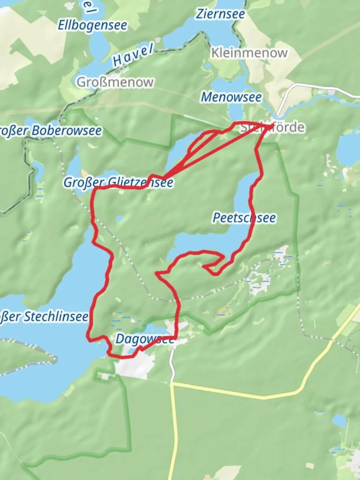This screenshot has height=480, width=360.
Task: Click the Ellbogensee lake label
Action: tap(92, 25)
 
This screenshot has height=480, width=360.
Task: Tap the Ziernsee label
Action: tap(220, 14)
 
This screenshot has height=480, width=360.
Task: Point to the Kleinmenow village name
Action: tap(250, 53)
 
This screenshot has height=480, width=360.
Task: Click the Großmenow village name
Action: tap(115, 82)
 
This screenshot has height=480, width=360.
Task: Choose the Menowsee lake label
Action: tap(231, 97)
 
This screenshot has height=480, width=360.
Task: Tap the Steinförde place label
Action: tap(272, 128)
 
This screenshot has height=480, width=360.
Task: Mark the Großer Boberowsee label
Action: tap(51, 131)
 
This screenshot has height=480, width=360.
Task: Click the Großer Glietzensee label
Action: tap(118, 183)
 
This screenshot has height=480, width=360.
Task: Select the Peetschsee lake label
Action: tap(244, 218)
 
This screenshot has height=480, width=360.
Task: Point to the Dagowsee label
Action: tap(145, 339)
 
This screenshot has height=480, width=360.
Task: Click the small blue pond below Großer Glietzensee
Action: tap(119, 218)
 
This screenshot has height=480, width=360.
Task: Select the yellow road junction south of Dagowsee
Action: tap(172, 384)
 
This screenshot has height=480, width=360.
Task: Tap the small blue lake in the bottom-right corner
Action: tap(340, 420)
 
